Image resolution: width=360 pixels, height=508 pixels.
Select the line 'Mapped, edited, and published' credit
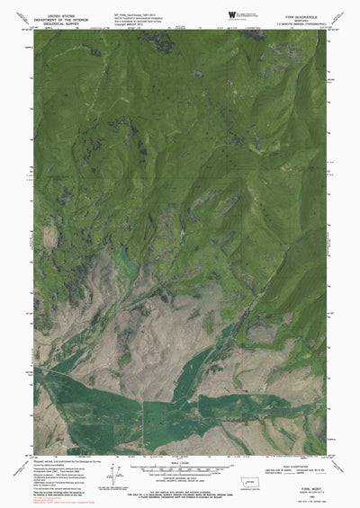pos(63,461)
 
